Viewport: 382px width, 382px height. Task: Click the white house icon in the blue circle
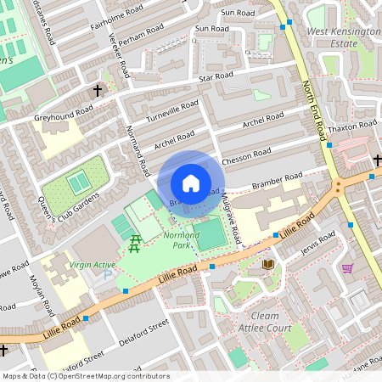pos(191,183)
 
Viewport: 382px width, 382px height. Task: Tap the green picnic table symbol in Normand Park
pos(135,244)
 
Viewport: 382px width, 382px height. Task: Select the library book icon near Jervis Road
pos(269,265)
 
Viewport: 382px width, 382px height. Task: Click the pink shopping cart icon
pos(346,269)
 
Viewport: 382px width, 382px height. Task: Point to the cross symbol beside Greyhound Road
pos(98,89)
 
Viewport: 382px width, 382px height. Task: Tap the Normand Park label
pos(182,238)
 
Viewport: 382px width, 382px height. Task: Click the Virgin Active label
pos(93,265)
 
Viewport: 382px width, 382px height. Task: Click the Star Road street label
pos(216,76)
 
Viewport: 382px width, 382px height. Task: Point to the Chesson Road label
pos(246,157)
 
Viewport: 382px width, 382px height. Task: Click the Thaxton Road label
pos(356,125)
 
